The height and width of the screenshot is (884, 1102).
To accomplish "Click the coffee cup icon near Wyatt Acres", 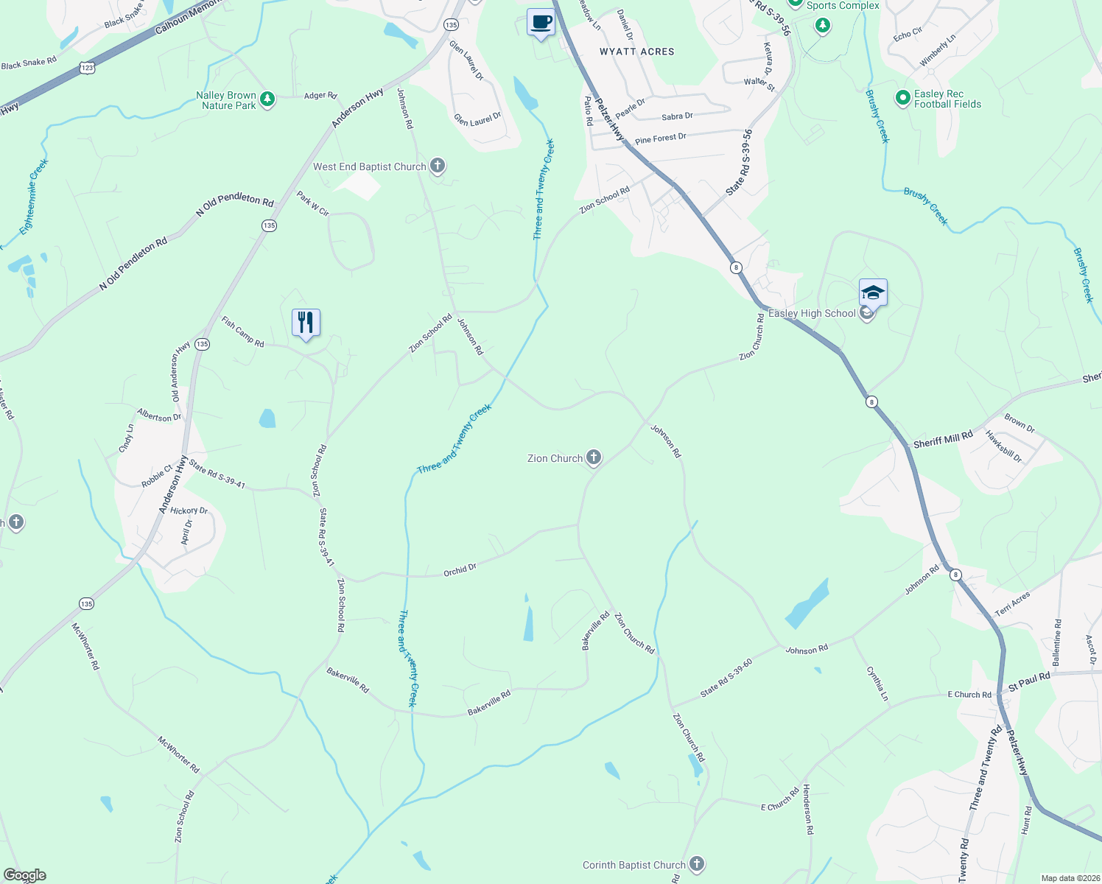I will click(541, 22).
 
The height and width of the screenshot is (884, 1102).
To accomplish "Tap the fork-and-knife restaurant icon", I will click(306, 323).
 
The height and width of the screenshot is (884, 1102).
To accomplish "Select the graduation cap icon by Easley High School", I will click(873, 293).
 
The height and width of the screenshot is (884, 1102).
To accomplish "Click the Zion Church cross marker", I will click(593, 458).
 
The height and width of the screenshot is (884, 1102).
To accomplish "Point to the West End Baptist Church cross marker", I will click(438, 166).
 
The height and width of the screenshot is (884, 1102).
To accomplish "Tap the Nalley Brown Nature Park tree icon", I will click(267, 99).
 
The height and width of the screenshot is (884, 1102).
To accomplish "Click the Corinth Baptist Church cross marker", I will click(697, 864).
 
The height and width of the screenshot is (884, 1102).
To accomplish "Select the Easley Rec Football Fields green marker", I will click(902, 98).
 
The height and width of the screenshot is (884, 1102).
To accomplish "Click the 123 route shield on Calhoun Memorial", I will click(88, 68).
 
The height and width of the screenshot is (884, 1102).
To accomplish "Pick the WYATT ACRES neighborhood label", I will click(636, 52).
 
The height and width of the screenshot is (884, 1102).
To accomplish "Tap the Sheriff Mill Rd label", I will click(943, 441).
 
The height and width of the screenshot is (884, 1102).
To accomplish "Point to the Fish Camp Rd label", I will click(242, 331).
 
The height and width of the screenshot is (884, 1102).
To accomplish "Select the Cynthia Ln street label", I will click(877, 684).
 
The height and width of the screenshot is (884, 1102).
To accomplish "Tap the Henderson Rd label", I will click(807, 808).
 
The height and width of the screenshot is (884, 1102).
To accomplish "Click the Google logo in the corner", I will click(25, 875).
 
